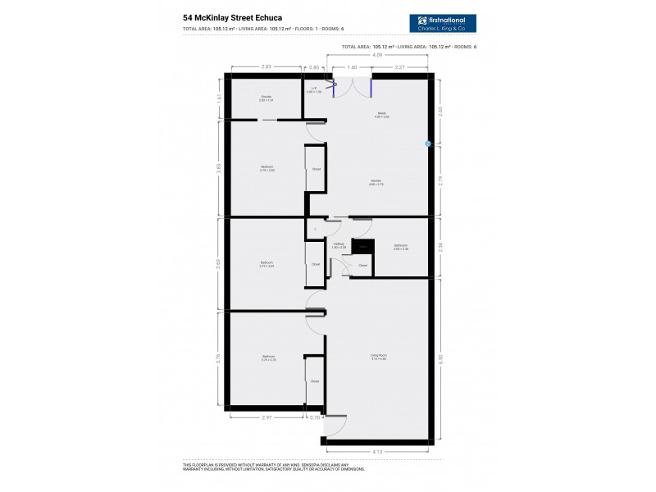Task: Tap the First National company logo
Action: (x=443, y=24)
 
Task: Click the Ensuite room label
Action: (x=266, y=98)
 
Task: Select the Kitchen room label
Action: (x=376, y=182)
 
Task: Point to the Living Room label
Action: (x=377, y=357)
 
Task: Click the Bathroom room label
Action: (x=400, y=246)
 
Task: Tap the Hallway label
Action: (x=339, y=245)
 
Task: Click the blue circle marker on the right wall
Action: (x=428, y=143)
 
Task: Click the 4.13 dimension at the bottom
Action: (x=377, y=452)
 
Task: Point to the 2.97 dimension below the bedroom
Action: (x=267, y=417)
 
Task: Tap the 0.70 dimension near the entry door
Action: (x=316, y=417)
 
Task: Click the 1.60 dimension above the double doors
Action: (x=352, y=67)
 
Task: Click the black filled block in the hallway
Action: (x=362, y=246)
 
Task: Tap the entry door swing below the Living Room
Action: (x=336, y=426)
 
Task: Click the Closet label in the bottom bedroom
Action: (x=315, y=381)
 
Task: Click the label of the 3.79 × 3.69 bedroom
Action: (x=266, y=264)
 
